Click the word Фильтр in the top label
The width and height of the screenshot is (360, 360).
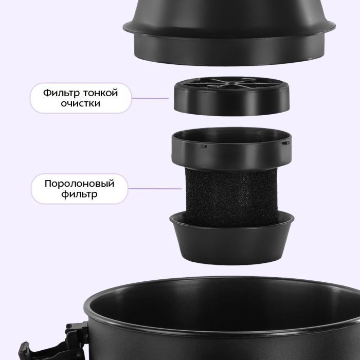point(62,93)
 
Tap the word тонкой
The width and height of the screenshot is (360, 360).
point(101,93)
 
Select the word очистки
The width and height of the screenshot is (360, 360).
point(81,103)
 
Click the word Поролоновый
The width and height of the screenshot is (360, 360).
point(79,184)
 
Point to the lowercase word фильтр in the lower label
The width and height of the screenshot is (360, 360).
point(79,194)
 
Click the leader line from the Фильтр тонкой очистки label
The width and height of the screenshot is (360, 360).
point(150,98)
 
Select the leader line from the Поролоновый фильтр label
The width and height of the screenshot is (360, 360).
point(155,189)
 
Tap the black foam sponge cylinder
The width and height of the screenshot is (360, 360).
point(231,196)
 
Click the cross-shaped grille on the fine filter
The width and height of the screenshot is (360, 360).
point(231,83)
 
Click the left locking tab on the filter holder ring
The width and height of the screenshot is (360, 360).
point(203,146)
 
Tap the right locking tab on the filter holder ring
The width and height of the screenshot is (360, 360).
point(285,143)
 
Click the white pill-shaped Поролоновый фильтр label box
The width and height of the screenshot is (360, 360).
point(79,189)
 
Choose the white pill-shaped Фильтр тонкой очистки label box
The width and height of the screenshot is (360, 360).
point(81,98)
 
